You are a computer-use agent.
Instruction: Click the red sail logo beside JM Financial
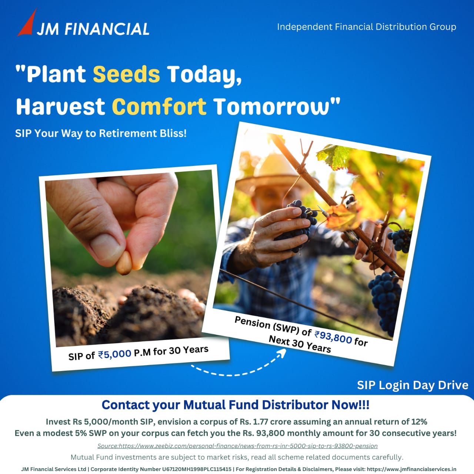click(x=27, y=24)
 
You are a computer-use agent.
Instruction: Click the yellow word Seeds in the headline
click(x=126, y=74)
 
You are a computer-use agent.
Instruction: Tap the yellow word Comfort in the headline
click(x=159, y=107)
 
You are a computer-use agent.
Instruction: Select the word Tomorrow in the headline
click(x=271, y=107)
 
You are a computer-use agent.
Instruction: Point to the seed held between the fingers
click(x=124, y=263)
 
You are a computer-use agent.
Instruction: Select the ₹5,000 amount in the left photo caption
click(x=115, y=354)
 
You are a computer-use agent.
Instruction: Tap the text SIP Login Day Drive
click(x=413, y=385)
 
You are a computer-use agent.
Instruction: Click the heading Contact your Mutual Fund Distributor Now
click(x=236, y=405)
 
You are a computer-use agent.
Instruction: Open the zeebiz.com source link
click(x=237, y=446)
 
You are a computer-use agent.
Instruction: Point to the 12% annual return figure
click(x=419, y=422)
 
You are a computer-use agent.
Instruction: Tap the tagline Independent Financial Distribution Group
click(x=367, y=27)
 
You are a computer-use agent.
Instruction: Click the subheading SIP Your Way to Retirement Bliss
click(x=101, y=133)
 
